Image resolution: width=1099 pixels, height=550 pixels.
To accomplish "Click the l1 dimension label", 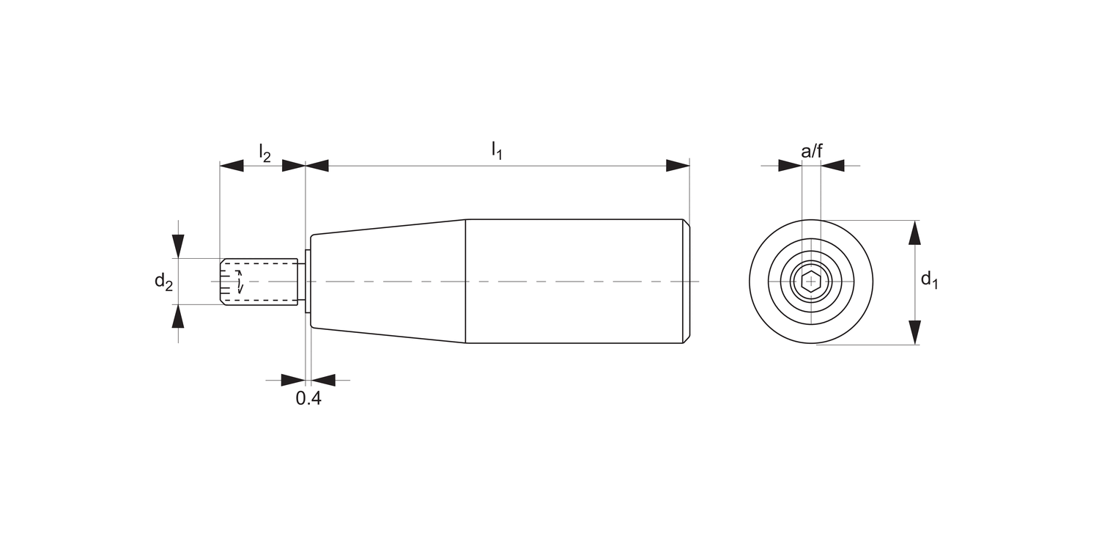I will (x=497, y=150).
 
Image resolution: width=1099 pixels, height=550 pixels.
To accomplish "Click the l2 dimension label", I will (x=264, y=153).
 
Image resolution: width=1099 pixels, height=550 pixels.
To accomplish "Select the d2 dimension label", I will (x=163, y=282).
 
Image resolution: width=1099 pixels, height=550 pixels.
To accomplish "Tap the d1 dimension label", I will (x=929, y=279).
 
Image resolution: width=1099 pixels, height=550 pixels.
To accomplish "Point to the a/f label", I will (x=811, y=152).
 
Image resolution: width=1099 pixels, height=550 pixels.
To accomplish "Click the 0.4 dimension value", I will (x=308, y=399).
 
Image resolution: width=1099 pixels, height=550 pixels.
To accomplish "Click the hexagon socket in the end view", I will (x=810, y=282).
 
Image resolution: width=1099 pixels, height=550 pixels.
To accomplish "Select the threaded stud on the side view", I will (x=259, y=282).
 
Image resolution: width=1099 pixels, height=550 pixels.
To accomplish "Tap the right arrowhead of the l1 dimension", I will (x=677, y=166).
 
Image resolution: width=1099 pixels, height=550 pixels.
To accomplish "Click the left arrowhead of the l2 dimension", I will (x=232, y=166).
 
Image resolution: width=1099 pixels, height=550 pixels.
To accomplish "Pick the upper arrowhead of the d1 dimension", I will (x=914, y=232).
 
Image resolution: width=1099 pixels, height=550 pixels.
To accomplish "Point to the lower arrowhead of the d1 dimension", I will (x=914, y=332).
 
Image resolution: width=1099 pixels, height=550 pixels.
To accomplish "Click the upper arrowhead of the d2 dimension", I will (x=178, y=246).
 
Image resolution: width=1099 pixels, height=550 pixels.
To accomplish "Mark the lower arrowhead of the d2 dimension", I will (x=178, y=317).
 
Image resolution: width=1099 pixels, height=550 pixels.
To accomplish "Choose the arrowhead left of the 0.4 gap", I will (x=292, y=380).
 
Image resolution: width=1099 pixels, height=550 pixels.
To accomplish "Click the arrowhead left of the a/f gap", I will (x=790, y=166).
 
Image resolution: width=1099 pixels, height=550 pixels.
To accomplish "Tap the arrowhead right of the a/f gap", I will (x=832, y=166).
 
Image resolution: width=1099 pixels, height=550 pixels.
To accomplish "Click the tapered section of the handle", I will (x=388, y=282).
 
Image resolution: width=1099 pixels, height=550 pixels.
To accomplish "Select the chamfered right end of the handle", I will (x=686, y=282).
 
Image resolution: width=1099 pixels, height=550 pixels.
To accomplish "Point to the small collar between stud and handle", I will (x=308, y=282).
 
